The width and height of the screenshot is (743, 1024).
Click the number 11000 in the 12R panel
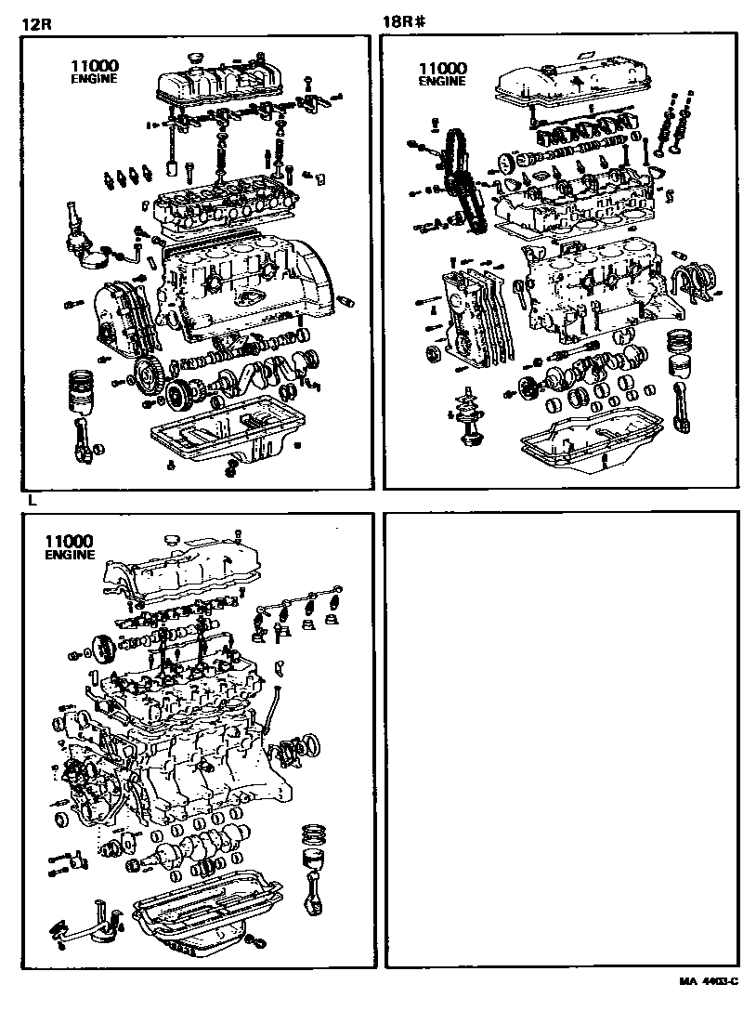pos(93,67)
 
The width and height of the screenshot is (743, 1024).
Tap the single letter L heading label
pos(32,500)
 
